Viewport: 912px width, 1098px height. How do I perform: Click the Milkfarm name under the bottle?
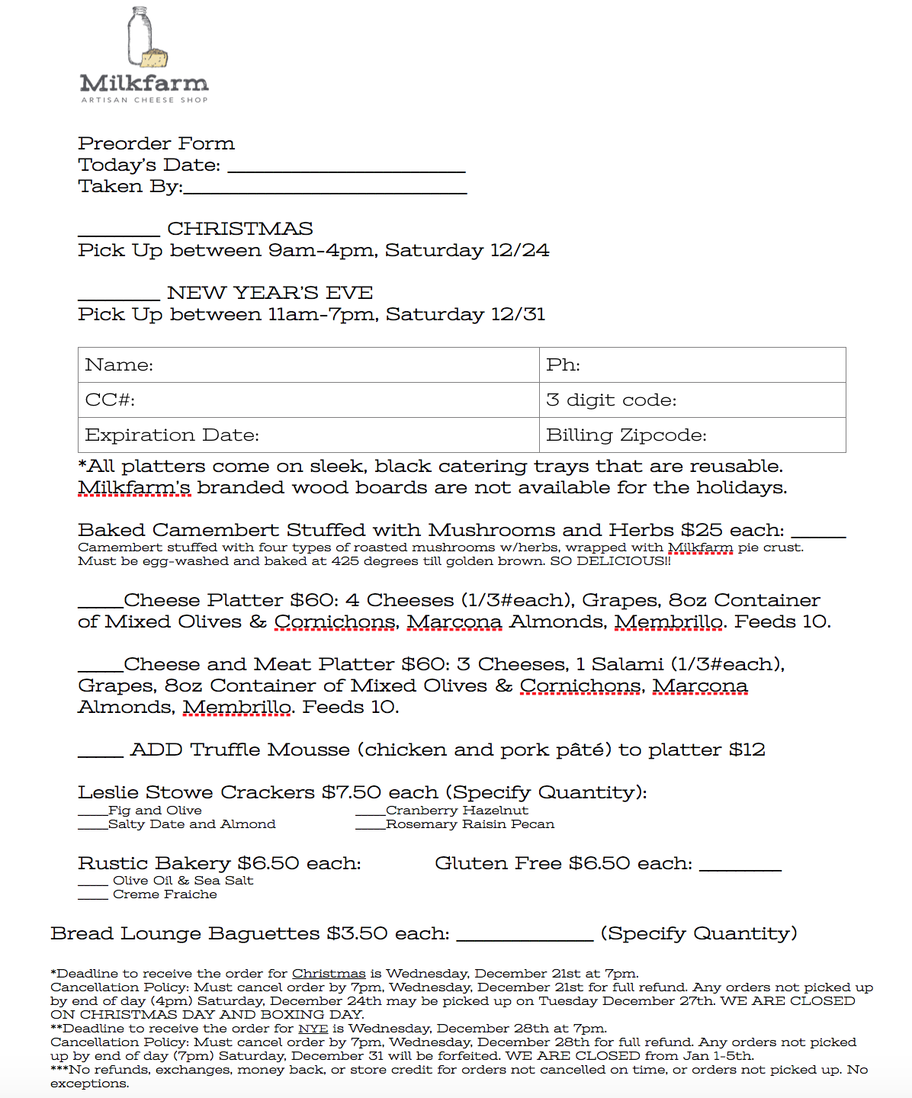point(144,82)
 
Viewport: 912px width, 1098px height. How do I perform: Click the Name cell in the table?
point(309,365)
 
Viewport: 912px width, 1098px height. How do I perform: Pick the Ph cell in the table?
point(692,365)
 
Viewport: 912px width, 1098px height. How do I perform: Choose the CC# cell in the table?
point(309,400)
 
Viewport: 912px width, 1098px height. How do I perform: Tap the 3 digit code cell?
point(692,400)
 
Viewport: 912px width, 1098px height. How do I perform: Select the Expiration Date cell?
point(309,435)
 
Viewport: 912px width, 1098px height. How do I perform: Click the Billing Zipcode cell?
point(692,435)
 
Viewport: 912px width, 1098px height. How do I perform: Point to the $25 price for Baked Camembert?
point(702,530)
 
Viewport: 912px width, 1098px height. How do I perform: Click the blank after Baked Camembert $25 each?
point(818,534)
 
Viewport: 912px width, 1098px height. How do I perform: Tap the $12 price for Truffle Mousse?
point(747,750)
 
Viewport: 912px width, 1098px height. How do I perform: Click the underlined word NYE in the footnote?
point(313,1029)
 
